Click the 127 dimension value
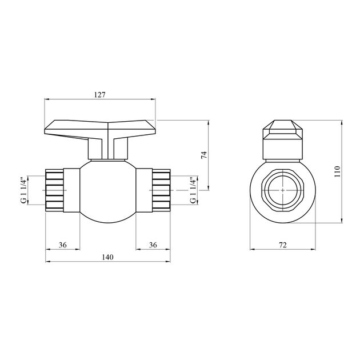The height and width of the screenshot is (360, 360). (x=100, y=95)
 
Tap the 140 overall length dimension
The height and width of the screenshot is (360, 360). (x=107, y=258)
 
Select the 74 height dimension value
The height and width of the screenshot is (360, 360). (x=203, y=155)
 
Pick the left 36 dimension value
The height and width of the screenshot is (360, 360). (x=62, y=245)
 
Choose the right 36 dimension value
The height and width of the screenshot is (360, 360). (x=153, y=245)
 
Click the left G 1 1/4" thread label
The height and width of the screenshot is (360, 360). (x=23, y=190)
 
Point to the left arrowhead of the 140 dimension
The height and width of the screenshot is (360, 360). (x=47, y=262)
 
